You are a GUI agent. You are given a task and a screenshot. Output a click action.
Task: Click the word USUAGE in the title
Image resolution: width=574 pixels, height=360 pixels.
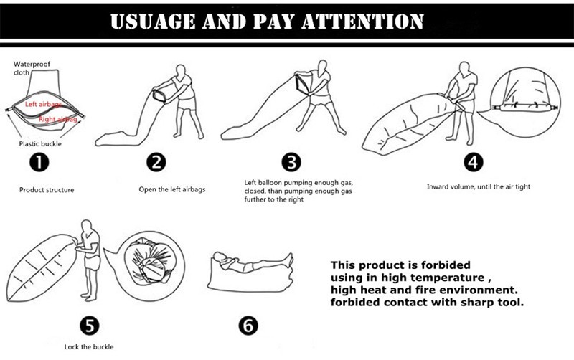153,22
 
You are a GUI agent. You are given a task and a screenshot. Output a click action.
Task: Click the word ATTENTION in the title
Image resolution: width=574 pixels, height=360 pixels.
363,22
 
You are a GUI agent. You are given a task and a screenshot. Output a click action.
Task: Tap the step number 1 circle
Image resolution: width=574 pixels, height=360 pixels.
39,163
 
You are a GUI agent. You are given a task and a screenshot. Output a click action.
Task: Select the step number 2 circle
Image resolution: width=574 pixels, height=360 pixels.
156,163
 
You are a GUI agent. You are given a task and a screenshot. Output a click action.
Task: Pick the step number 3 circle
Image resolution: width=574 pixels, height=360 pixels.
291,163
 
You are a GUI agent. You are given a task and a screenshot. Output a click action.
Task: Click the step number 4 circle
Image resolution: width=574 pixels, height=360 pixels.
474,162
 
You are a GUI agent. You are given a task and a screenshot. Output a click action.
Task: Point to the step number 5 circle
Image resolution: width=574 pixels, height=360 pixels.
90,326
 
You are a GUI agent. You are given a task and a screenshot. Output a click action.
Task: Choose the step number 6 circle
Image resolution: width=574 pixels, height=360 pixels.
248,326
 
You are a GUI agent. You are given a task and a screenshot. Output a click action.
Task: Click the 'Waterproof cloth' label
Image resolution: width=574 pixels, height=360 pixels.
32,68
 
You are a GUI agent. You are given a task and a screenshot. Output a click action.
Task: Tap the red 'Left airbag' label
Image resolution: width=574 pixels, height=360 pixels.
44,105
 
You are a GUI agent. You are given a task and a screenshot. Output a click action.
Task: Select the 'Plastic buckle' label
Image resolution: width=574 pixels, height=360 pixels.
40,143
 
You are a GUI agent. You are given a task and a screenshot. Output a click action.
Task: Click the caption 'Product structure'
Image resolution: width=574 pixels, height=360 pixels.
47,190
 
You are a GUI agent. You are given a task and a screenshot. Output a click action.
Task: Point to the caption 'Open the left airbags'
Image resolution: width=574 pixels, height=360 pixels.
172,189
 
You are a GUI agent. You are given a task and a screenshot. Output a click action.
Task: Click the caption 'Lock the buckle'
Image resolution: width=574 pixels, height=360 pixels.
89,347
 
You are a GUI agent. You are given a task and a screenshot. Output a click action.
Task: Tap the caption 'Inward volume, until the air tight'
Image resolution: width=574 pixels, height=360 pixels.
479,186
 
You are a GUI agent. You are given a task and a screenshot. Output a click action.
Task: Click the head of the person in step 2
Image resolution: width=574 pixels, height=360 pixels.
181,70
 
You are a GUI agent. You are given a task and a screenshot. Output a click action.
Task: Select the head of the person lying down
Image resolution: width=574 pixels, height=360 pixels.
219,257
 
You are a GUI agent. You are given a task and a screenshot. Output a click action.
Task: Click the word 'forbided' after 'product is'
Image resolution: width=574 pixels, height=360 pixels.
446,265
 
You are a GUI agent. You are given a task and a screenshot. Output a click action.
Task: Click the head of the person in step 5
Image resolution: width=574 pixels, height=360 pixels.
86,225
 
